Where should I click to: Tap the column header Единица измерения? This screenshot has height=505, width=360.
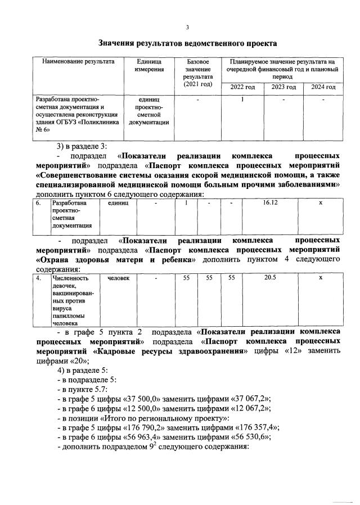pyautogui.click(x=149, y=65)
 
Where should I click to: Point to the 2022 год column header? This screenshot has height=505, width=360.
pyautogui.click(x=243, y=87)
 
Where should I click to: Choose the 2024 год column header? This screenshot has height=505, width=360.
pyautogui.click(x=323, y=87)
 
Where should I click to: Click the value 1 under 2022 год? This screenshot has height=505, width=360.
pyautogui.click(x=242, y=100)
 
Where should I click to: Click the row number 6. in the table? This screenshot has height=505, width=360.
pyautogui.click(x=38, y=203)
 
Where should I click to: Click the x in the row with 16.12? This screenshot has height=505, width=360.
pyautogui.click(x=320, y=203)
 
